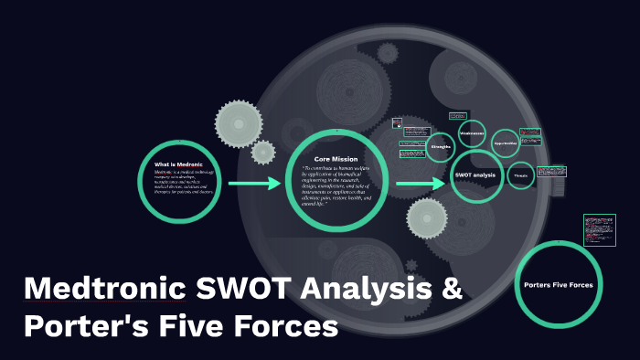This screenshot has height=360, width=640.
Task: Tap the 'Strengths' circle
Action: point(441,146)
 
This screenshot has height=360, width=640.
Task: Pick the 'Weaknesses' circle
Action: point(473,133)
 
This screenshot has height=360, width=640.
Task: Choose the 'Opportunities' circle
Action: point(505,143)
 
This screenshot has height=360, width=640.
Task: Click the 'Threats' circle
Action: point(520,175)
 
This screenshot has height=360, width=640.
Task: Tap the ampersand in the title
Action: point(453,291)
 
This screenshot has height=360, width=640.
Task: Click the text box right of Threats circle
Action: point(551,171)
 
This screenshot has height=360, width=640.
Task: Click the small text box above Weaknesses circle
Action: point(458,116)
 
